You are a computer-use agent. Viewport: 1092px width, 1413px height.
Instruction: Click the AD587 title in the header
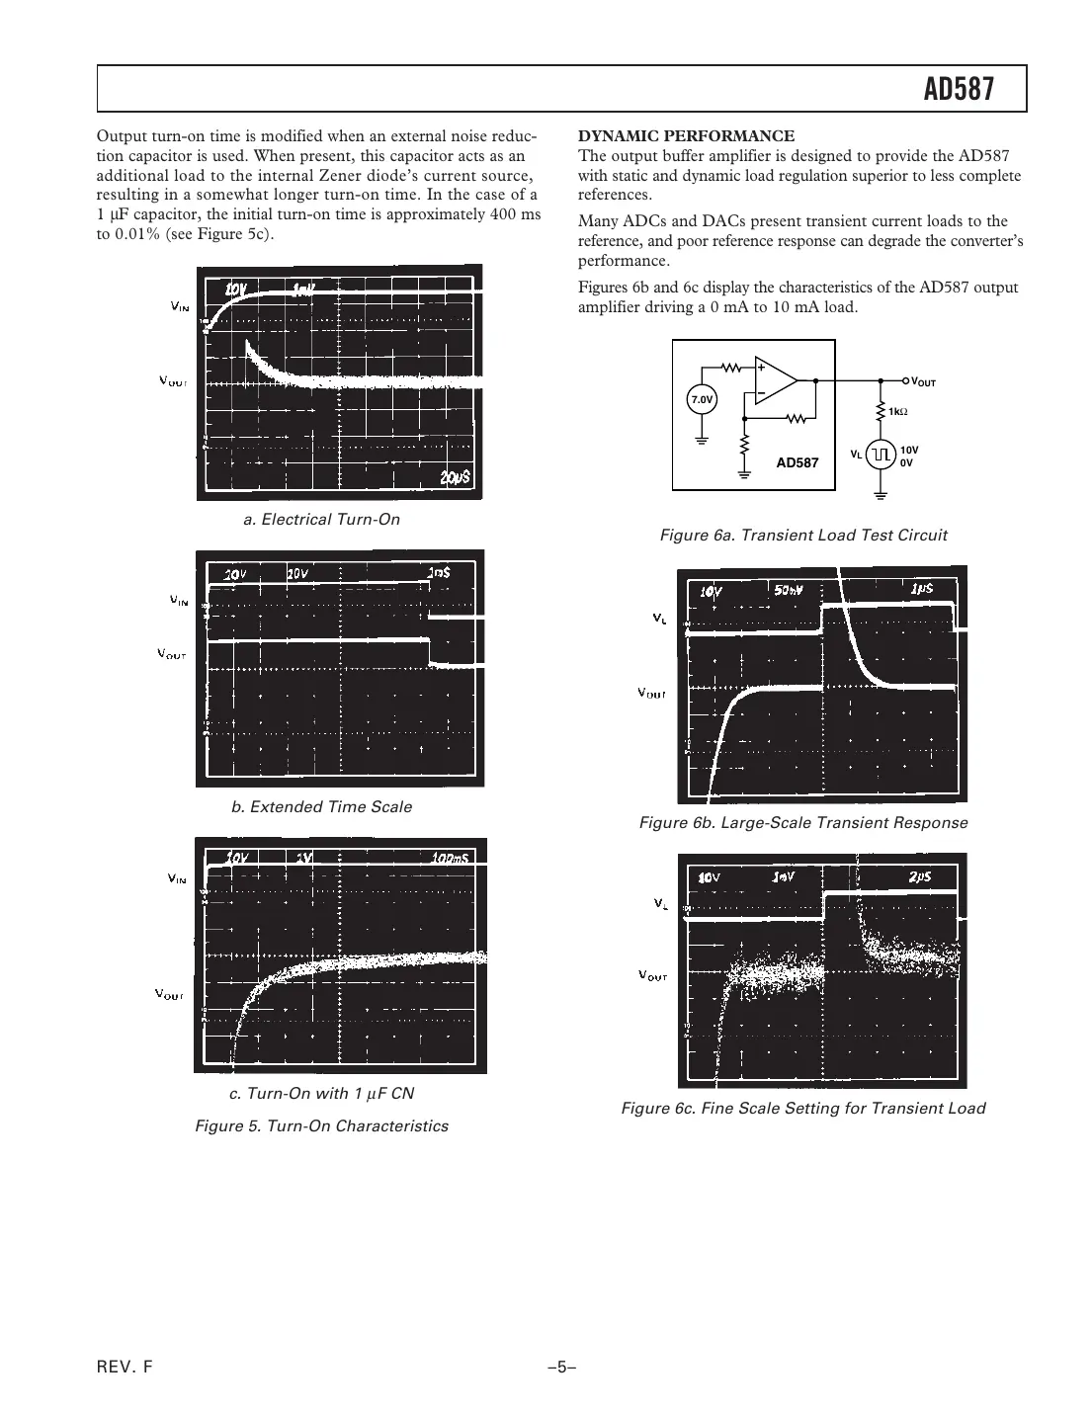958,90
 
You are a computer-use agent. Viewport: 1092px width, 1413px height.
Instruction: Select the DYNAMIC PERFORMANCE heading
686,136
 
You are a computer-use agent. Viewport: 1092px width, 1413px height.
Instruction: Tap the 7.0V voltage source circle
701,399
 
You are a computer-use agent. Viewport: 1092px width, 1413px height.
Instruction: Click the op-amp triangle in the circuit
774,380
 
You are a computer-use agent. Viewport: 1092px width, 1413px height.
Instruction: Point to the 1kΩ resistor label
898,411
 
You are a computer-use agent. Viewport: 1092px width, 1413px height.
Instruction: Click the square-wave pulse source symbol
882,454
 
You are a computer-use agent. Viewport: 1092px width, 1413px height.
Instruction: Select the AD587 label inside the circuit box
797,462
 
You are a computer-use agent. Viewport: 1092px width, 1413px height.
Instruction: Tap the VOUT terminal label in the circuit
922,381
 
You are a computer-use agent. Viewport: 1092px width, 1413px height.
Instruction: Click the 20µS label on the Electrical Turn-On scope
455,477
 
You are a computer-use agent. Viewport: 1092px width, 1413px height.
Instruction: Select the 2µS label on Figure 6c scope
918,876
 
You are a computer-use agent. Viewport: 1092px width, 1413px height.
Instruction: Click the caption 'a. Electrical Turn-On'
321,520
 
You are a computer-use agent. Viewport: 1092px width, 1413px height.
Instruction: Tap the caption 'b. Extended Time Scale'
321,807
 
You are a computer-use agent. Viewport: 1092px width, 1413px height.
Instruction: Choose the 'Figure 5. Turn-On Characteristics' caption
321,1126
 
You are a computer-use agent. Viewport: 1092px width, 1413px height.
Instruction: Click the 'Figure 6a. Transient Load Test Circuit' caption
802,536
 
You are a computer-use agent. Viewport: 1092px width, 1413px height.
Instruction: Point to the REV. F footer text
126,1368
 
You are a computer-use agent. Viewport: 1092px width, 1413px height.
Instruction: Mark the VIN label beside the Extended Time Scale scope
179,600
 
